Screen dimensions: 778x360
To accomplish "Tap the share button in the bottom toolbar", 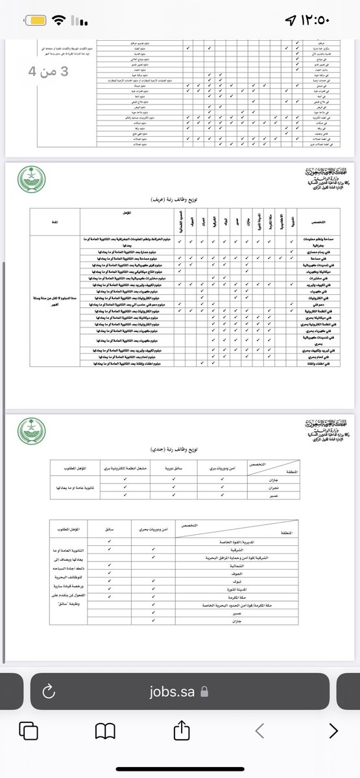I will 180,731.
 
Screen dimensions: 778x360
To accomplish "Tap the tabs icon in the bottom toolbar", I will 29,731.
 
